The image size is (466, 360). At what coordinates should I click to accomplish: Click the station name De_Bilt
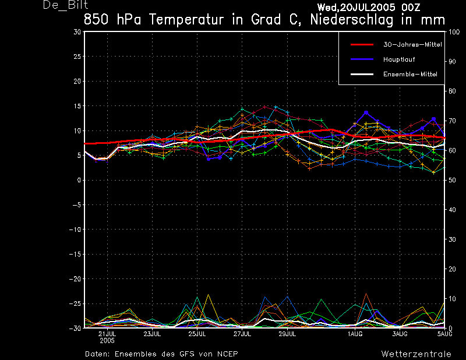(65, 5)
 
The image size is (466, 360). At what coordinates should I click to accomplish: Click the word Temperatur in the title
(186, 20)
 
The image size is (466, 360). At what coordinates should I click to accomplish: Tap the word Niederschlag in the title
(352, 20)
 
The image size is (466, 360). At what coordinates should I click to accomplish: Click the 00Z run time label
(411, 7)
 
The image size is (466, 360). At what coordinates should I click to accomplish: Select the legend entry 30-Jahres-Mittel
(412, 45)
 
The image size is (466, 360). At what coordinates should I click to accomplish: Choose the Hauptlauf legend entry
(399, 59)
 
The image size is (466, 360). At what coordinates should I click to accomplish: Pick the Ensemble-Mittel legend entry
(410, 75)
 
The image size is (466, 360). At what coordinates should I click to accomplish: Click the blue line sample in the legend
(362, 59)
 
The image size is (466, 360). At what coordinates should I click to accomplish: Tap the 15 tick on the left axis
(77, 106)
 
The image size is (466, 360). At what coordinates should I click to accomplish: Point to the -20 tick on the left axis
(75, 279)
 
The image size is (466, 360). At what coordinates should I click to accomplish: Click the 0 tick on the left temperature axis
(79, 180)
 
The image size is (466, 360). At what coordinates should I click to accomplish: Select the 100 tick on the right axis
(454, 32)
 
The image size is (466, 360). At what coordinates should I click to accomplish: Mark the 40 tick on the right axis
(452, 210)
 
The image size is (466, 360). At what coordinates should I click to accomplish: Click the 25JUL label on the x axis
(197, 334)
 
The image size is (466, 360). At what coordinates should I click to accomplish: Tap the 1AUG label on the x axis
(355, 334)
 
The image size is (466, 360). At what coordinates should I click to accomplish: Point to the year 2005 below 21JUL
(107, 340)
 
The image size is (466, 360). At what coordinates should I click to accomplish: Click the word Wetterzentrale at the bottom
(416, 354)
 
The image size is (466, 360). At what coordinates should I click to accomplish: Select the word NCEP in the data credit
(227, 354)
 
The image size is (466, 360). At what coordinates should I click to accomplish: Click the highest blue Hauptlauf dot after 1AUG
(366, 112)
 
